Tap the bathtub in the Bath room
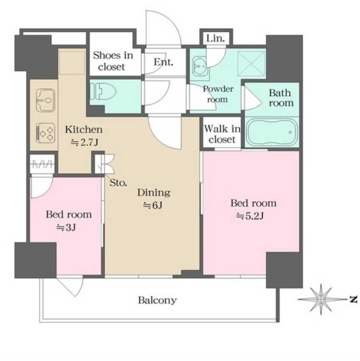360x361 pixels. pos(272,132)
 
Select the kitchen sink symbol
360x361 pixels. pos(46,100)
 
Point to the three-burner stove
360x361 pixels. pos(46,133)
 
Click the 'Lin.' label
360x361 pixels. pos(215,38)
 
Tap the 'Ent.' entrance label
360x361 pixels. pos(164,62)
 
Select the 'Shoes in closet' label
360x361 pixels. pos(113,61)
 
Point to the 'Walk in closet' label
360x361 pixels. pos(222,134)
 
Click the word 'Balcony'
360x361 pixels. pos(157,300)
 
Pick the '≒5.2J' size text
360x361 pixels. pos(250,216)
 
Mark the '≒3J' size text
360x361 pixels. pos(66,228)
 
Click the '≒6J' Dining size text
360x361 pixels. pos(153,205)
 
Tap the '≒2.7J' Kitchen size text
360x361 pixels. pos(84,142)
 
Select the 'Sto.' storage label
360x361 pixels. pos(118,183)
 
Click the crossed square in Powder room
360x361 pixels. pos(251,64)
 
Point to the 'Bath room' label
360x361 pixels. pos(281,98)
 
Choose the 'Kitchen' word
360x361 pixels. pos(84,130)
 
